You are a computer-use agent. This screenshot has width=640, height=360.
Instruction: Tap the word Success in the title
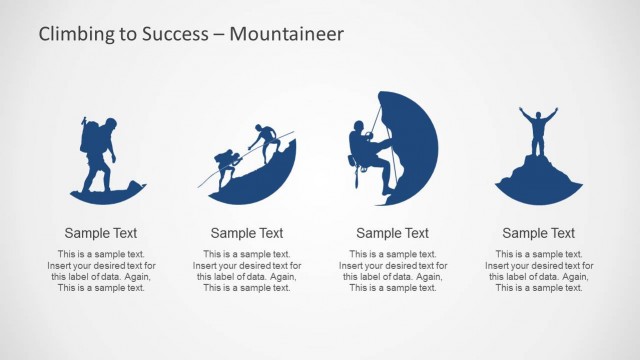pyautogui.click(x=176, y=34)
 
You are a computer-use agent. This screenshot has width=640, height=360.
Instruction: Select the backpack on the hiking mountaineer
pyautogui.click(x=89, y=137)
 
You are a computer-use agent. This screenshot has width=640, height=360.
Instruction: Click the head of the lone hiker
pyautogui.click(x=109, y=123)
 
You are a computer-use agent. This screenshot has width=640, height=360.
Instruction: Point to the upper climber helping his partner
pyautogui.click(x=265, y=141)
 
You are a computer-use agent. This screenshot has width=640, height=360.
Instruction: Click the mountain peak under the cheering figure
pyautogui.click(x=538, y=180)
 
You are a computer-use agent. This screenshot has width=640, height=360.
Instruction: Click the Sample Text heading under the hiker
pyautogui.click(x=101, y=233)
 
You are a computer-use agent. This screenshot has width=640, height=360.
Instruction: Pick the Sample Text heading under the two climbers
pyautogui.click(x=247, y=233)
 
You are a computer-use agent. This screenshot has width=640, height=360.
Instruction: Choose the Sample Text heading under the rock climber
pyautogui.click(x=393, y=233)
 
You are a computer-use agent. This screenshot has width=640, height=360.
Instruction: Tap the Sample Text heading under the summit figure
pyautogui.click(x=539, y=233)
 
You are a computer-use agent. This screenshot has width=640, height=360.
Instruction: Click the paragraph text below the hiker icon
pyautogui.click(x=101, y=271)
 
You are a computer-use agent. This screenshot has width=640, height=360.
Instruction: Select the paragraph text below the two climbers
pyautogui.click(x=247, y=271)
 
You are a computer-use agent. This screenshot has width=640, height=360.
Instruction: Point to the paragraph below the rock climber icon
pyautogui.click(x=393, y=271)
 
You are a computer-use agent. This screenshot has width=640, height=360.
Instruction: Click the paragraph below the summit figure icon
pyautogui.click(x=539, y=271)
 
